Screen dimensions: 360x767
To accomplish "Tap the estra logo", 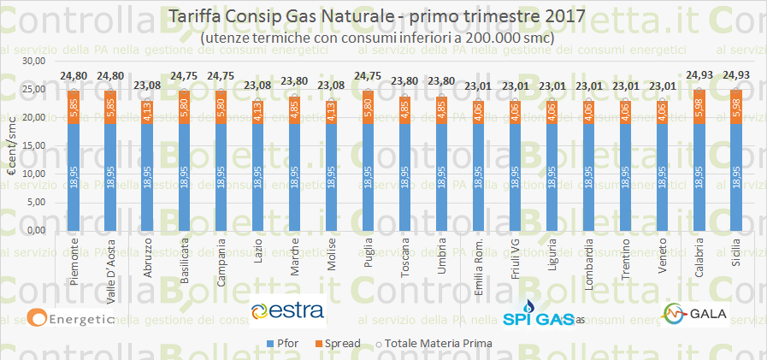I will coord(288,310).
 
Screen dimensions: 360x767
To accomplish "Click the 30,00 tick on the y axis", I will coord(32,62).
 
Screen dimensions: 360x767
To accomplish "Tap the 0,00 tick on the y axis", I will coord(35,230).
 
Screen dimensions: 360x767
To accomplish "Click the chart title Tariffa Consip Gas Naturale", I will coord(377,15).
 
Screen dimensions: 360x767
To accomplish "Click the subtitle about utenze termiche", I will coord(377,38).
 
